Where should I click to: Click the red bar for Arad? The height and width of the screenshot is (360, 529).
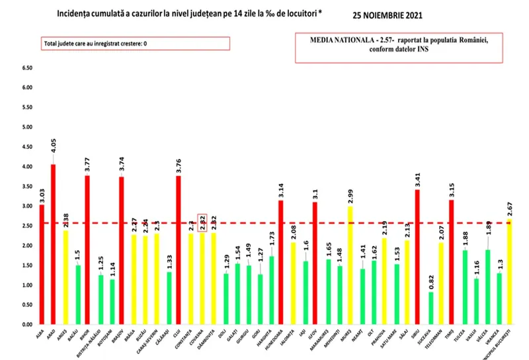[54, 245]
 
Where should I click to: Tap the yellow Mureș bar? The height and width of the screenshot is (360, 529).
[350, 265]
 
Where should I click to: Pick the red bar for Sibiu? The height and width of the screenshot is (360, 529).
[418, 257]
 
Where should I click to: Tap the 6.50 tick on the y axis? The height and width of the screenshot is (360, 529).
[27, 67]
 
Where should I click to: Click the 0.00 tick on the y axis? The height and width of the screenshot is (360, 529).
[27, 325]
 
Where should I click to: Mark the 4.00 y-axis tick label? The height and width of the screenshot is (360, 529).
[27, 167]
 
